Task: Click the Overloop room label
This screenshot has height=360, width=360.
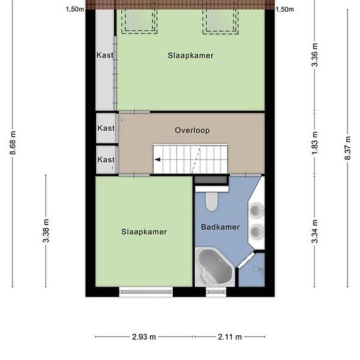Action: coord(192,130)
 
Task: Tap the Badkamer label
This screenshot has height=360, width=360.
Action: coord(220,227)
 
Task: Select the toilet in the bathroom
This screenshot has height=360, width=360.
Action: coord(211,202)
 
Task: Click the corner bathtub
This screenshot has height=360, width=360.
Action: coord(215,267)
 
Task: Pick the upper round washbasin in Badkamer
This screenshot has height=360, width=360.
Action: coord(256,210)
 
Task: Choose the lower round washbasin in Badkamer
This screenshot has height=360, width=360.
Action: coord(256,232)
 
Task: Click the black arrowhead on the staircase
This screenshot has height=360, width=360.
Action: coord(158,160)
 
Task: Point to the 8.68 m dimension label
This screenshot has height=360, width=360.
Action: coord(13,143)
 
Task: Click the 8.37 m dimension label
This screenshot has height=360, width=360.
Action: coord(348,149)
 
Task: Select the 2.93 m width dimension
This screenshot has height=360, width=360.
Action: coord(144,337)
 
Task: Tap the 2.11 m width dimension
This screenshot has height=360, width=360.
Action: coord(230,337)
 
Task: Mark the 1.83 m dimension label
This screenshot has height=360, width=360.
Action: coord(315,143)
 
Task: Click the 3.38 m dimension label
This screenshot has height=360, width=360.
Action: coord(46,231)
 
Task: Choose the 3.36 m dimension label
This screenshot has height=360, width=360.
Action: coord(315,55)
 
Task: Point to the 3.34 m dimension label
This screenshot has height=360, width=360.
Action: coord(315,231)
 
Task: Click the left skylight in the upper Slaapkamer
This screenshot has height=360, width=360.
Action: coord(139,22)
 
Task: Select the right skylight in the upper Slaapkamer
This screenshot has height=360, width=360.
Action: coord(221,22)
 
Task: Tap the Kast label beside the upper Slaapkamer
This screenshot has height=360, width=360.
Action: coord(105,55)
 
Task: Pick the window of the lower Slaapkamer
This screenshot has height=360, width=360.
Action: coord(146,292)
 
